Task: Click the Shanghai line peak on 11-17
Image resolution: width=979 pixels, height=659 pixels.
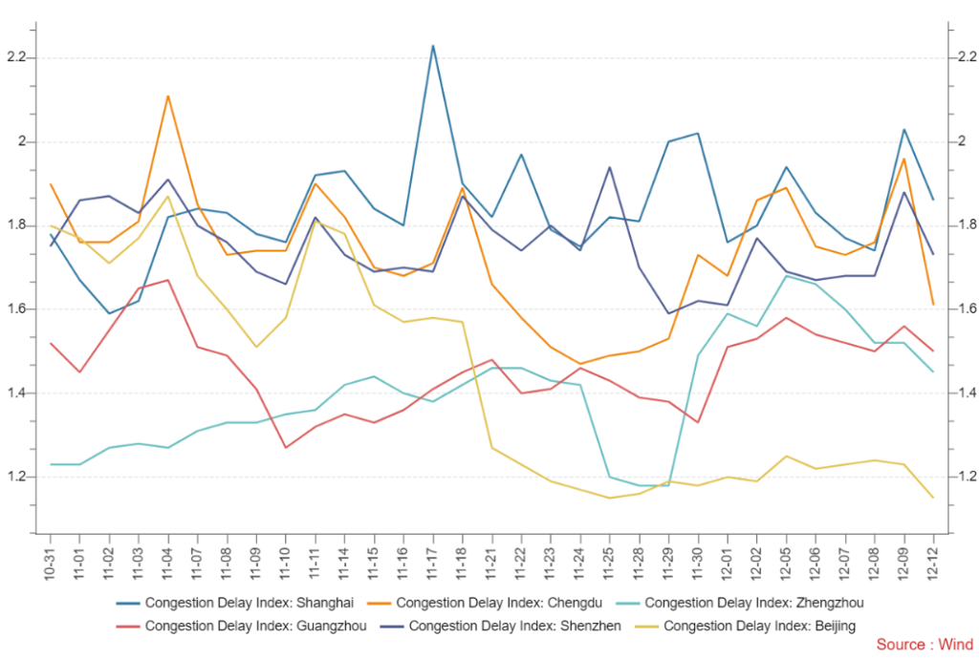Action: (x=433, y=45)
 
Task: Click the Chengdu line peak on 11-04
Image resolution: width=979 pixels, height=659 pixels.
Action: (x=168, y=96)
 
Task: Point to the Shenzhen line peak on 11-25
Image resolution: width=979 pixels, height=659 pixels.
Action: (x=610, y=167)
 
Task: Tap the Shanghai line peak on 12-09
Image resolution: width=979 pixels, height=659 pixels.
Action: (x=903, y=129)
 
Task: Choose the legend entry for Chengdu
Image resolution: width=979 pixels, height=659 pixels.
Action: (x=499, y=603)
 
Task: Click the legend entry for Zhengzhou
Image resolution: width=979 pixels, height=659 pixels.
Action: (x=753, y=603)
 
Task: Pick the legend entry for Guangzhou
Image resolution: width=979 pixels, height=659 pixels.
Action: (x=243, y=627)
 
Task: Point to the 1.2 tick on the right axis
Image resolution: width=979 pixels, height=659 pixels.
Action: (x=964, y=477)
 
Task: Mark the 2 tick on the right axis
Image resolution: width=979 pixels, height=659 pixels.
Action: (x=959, y=141)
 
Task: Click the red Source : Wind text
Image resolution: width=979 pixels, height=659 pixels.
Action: (x=924, y=645)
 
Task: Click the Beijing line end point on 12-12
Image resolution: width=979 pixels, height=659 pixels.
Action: (x=933, y=498)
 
